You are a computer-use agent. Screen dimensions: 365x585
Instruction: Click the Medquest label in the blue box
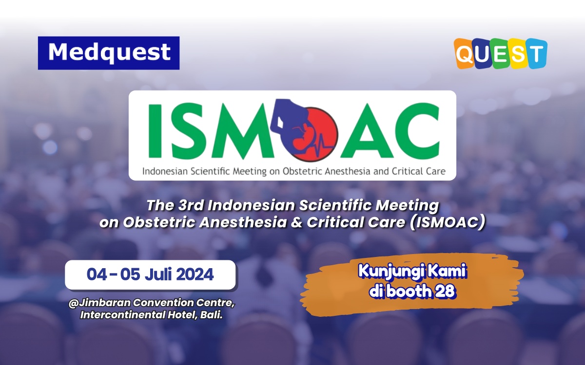pos(109,53)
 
